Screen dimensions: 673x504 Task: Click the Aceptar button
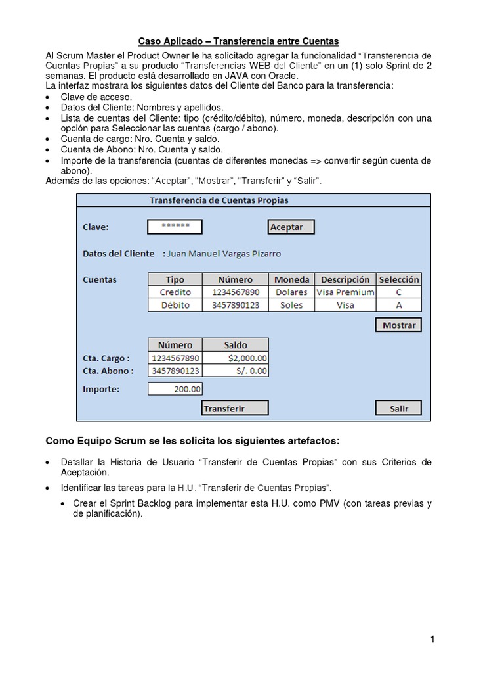[x=291, y=227]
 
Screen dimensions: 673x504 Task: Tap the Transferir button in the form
[x=234, y=408]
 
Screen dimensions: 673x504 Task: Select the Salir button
[x=398, y=408]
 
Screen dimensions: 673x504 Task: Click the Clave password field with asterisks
[x=175, y=227]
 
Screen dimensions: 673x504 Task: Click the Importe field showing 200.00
[x=175, y=389]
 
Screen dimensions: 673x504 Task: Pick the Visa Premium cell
[x=345, y=292]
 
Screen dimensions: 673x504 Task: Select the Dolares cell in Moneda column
[x=291, y=292]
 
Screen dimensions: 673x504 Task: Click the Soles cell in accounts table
[x=291, y=305]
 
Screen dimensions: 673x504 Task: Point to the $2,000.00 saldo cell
[x=236, y=358]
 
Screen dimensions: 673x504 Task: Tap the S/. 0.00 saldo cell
[x=236, y=371]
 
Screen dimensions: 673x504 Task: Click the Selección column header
[x=399, y=279]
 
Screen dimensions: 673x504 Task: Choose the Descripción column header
[x=345, y=279]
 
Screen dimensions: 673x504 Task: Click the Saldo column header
[x=236, y=345]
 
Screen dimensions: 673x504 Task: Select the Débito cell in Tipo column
[x=175, y=305]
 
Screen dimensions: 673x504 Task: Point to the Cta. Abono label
[x=107, y=371]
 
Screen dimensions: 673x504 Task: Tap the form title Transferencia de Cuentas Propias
[x=219, y=200]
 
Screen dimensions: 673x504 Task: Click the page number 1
[x=432, y=639]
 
